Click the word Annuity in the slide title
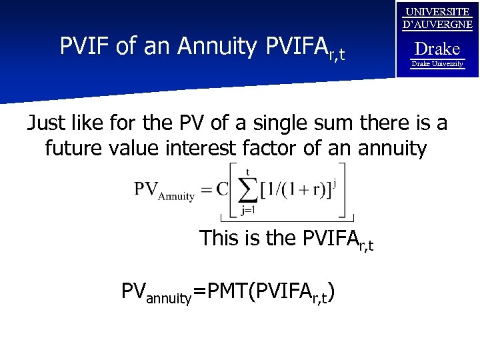click(x=217, y=47)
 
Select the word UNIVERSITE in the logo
click(x=437, y=12)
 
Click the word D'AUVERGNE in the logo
click(x=437, y=25)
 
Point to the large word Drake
click(x=437, y=49)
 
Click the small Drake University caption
click(x=437, y=64)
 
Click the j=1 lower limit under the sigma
click(x=248, y=211)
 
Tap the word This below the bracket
click(x=219, y=238)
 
